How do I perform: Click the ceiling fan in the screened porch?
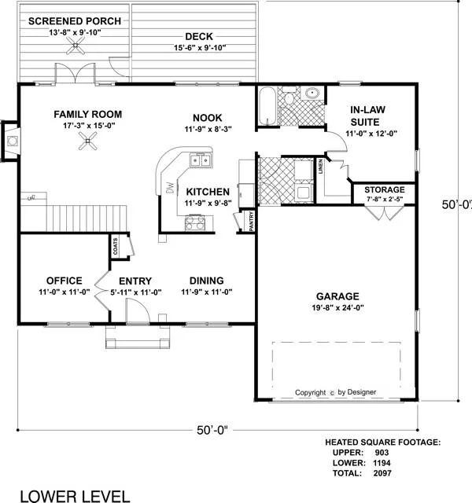point(76,46)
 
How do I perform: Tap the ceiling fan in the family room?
point(88,141)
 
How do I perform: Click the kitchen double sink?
point(201,160)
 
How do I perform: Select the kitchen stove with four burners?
point(195,223)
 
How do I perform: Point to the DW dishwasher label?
point(170,188)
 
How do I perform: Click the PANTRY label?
point(252,221)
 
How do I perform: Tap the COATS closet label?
point(116,246)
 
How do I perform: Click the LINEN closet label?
point(320,167)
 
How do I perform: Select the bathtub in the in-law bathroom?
point(267,107)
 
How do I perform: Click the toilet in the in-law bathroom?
point(289,97)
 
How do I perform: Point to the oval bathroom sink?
point(312,94)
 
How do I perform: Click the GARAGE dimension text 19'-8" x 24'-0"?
point(337,307)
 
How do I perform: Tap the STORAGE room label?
point(385,189)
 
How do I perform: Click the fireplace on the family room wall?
point(10,141)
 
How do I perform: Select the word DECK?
point(199,36)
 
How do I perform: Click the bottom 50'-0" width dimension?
point(212,430)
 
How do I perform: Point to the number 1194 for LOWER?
point(382,463)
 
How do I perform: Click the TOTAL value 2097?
point(382,473)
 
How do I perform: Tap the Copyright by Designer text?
point(336,392)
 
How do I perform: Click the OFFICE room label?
point(65,281)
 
